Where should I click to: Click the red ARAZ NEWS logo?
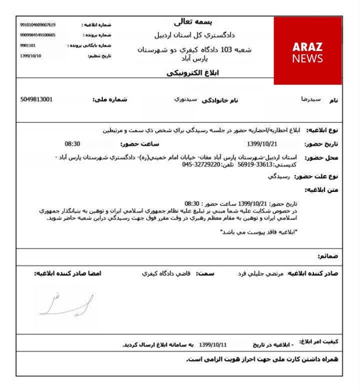tap(307, 51)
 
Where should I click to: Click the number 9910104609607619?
tap(38, 25)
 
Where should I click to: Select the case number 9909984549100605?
tap(38, 35)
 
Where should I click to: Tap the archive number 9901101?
tap(28, 45)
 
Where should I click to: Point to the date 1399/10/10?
tap(31, 55)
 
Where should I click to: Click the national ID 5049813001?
tap(36, 99)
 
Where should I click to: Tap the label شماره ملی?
tap(110, 99)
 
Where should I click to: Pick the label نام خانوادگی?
tap(220, 100)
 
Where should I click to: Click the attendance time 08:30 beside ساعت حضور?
tap(72, 144)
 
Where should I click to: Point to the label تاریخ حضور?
tap(322, 144)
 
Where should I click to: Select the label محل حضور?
tap(322, 158)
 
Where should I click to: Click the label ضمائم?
tap(328, 256)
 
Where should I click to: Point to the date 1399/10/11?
tap(213, 345)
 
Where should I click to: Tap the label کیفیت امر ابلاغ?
tap(318, 341)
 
